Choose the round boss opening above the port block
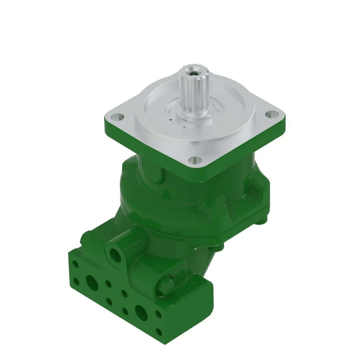click(115, 255)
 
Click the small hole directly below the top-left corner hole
click(75, 280)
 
